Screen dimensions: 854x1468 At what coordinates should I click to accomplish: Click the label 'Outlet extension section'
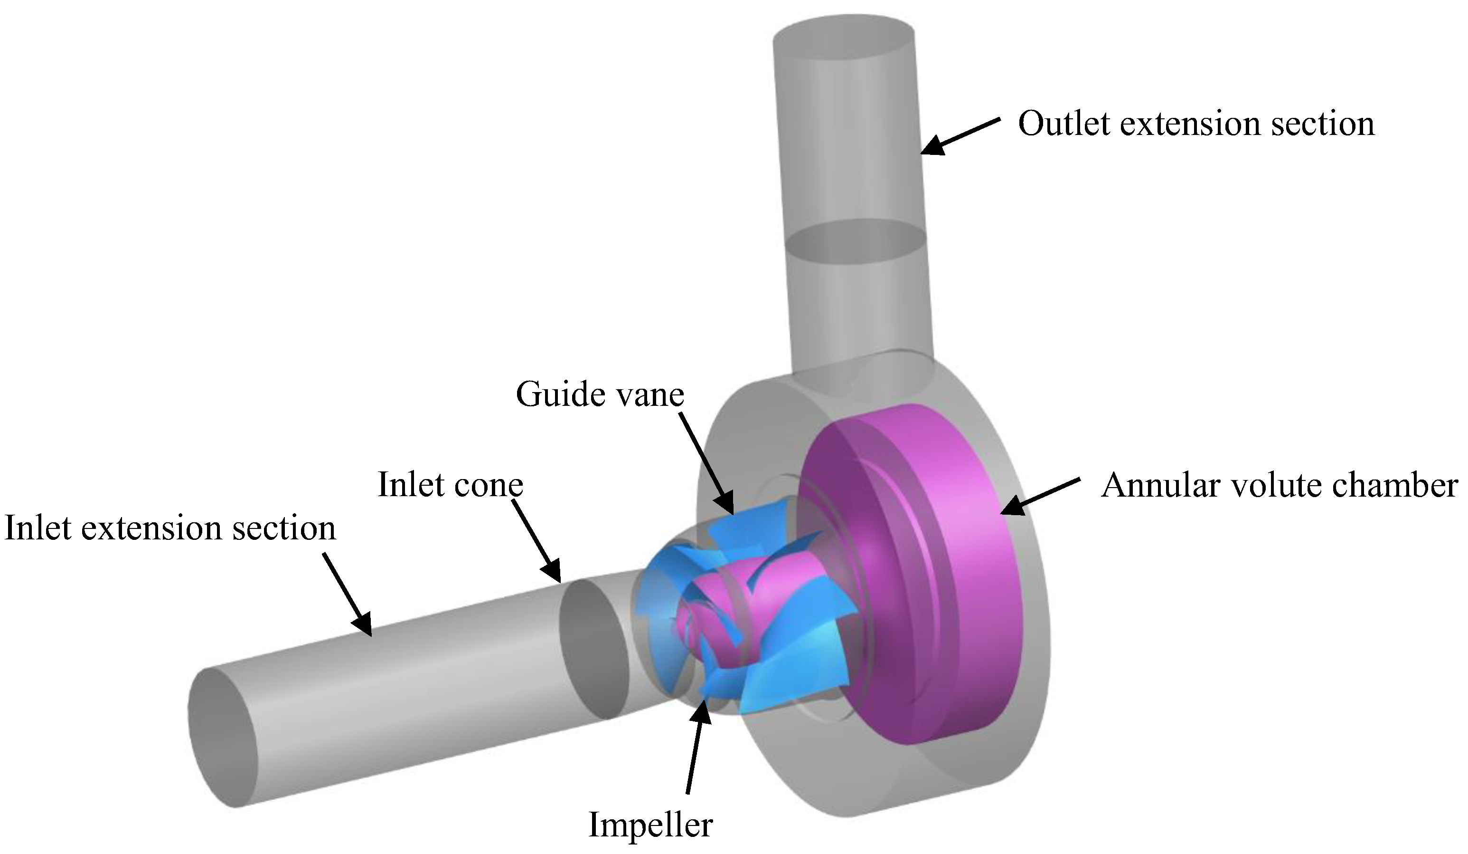(1196, 124)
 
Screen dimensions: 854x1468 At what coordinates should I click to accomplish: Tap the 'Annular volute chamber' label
(1279, 485)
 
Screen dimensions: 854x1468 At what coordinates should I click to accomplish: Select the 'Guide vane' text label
(600, 394)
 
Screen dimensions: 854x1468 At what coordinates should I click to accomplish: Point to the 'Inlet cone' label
(450, 484)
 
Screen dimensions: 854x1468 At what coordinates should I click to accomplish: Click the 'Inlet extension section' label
(170, 528)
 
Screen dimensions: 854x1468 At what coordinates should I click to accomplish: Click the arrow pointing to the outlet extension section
(960, 135)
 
